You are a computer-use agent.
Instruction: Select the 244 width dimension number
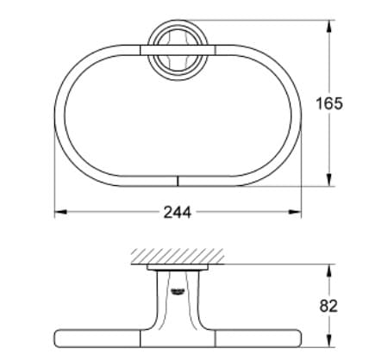point(177,212)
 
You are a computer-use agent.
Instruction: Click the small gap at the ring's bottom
point(176,181)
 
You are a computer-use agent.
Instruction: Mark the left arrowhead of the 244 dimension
point(58,212)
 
